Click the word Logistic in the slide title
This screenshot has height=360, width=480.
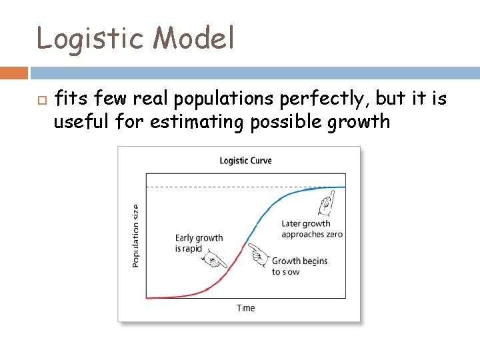pos(89,39)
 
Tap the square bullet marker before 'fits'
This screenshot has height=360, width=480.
pos(40,101)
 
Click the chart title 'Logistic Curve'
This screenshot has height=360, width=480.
pos(245,161)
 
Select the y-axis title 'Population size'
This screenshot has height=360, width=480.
pos(136,236)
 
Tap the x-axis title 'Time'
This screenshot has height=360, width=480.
pos(245,308)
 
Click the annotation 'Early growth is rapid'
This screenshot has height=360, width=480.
pos(199,243)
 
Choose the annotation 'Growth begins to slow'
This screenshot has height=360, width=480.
pos(299,266)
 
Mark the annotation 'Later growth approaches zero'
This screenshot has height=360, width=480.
pos(311,229)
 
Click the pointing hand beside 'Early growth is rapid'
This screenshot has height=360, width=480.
pos(213,261)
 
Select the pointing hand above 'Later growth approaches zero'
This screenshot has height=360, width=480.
pos(326,201)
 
